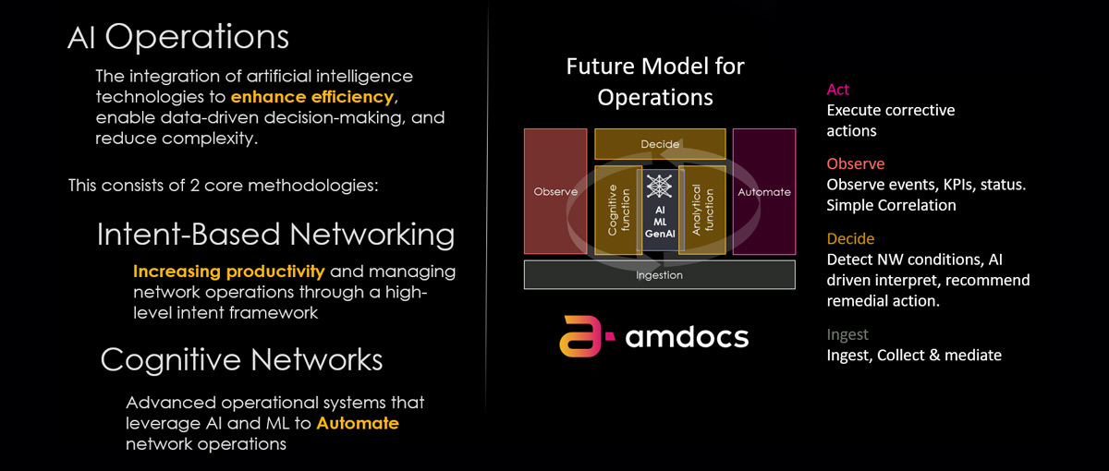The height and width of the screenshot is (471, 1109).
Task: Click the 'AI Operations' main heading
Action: point(178,38)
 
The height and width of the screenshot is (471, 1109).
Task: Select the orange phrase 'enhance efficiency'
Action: point(313,97)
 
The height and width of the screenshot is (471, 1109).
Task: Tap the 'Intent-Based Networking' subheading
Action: point(275,235)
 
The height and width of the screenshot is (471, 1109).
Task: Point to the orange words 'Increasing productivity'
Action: point(228,272)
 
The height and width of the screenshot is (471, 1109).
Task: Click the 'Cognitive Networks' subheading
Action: point(241,358)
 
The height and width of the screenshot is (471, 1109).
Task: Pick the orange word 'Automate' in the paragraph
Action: point(358,424)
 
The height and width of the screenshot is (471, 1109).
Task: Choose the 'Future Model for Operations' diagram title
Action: point(655,81)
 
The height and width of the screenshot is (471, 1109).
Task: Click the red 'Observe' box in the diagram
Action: point(555,191)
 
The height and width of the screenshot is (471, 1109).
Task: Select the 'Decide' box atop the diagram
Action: point(660,144)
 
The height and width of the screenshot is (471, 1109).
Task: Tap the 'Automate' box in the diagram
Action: point(764,191)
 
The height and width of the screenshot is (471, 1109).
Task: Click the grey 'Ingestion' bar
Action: point(660,274)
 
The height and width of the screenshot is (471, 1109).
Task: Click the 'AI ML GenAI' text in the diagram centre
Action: point(660,223)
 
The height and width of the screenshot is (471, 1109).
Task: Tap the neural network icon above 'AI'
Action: point(660,186)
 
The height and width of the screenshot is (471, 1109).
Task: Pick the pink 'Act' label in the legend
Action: point(838,90)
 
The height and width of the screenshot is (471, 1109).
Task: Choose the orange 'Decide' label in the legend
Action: point(850,240)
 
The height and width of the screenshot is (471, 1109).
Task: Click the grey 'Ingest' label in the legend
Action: point(847,334)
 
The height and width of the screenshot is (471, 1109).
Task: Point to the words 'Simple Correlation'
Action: point(891,205)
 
